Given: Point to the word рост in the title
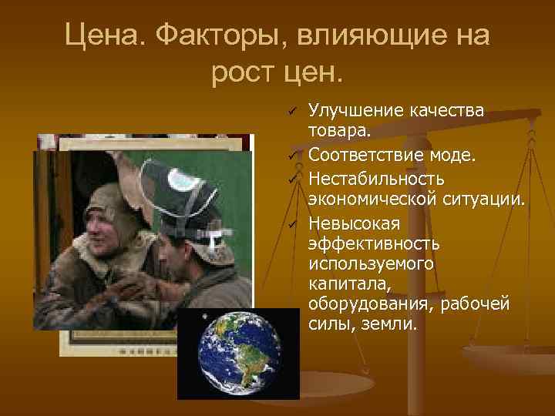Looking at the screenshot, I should click(x=242, y=74).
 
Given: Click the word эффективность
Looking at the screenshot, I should click(x=374, y=244).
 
